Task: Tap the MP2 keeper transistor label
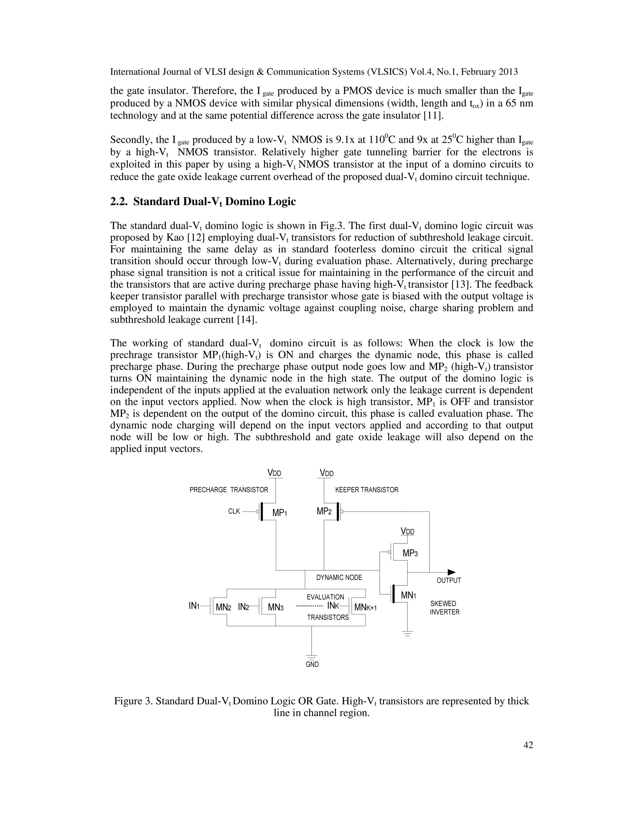324,511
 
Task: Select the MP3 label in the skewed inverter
410,553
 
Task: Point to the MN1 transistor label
408,596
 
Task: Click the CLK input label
234,512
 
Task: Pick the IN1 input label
194,606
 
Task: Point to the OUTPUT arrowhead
452,572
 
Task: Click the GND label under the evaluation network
312,664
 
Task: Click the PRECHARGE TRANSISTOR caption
229,490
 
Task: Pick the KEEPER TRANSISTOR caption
366,490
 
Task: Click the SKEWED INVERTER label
444,608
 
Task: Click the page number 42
528,745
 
